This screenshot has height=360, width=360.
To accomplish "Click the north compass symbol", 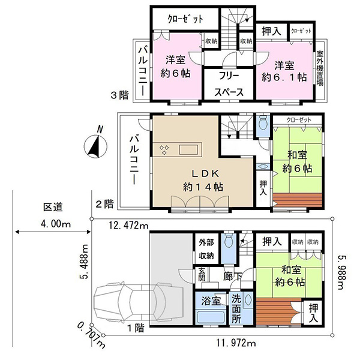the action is (x=95, y=144).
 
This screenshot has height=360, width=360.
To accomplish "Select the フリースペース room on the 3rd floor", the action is (x=229, y=84).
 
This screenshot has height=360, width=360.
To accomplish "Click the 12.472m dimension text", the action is (x=128, y=226).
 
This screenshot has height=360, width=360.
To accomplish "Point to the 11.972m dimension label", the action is (x=236, y=343).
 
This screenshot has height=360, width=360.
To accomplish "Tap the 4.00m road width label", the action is (x=56, y=223).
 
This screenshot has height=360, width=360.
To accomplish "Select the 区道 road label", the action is (x=53, y=208).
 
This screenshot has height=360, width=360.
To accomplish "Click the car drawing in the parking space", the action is (x=139, y=303).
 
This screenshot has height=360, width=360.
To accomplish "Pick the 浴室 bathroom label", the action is (x=211, y=301).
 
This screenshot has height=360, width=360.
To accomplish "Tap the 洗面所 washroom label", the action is (x=236, y=309).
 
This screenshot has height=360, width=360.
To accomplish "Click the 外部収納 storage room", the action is (x=206, y=249).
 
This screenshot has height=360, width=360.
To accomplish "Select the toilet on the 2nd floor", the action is (x=263, y=122).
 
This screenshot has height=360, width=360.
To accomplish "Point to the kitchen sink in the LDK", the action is (x=188, y=149).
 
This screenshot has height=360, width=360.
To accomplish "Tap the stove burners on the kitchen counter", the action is (x=164, y=149).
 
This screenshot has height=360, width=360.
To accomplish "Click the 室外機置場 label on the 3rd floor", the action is (x=320, y=68).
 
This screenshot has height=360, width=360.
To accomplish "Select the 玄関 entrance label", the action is (x=202, y=274).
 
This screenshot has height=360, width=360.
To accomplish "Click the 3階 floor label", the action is (x=119, y=95).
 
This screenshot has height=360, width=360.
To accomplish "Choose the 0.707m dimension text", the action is (x=91, y=335).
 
